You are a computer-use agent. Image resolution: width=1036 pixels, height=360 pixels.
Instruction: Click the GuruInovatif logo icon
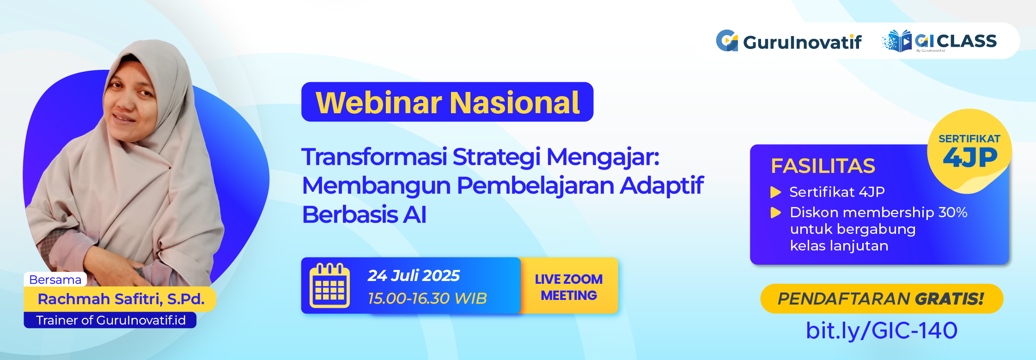[727, 41]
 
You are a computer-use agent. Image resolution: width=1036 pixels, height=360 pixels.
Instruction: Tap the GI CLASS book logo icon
[897, 41]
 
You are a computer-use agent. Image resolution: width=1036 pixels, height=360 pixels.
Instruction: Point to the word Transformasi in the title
[374, 157]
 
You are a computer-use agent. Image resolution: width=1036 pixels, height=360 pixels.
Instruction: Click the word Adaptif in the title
[661, 185]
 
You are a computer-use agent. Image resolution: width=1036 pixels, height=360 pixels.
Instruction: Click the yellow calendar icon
[329, 286]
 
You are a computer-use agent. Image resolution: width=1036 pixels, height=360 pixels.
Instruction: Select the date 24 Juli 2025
[414, 275]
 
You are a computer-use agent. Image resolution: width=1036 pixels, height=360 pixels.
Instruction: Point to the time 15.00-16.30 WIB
[427, 298]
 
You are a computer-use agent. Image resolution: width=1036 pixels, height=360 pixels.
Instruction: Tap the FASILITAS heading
[823, 166]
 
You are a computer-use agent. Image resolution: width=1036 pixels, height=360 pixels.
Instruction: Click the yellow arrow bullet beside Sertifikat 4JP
[776, 192]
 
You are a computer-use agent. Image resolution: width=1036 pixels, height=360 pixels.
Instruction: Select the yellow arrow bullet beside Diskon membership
[776, 213]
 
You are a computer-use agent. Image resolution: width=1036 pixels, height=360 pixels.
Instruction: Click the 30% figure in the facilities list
[952, 213]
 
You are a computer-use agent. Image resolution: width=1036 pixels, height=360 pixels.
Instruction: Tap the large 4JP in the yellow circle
[970, 158]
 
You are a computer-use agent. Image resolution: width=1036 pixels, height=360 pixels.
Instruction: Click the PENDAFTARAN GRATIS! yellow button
[881, 299]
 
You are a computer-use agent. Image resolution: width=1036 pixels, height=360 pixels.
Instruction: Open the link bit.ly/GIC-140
[881, 330]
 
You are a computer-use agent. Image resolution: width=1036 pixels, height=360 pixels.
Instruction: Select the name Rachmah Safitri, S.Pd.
[121, 299]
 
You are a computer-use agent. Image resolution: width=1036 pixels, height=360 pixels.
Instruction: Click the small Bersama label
[55, 280]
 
